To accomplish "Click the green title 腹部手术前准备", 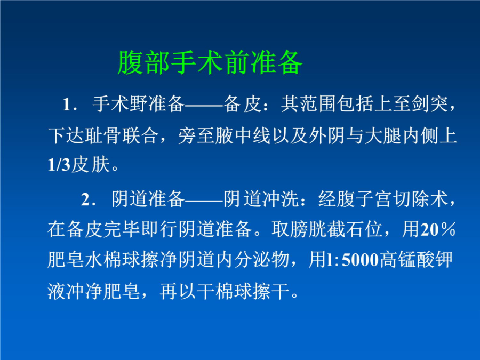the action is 210,63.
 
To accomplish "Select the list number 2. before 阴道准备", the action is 89,199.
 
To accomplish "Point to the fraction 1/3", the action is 59,165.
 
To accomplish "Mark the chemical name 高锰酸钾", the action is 416,260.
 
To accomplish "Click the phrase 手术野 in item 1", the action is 120,104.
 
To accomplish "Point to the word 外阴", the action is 327,135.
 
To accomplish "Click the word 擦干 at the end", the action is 271,291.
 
